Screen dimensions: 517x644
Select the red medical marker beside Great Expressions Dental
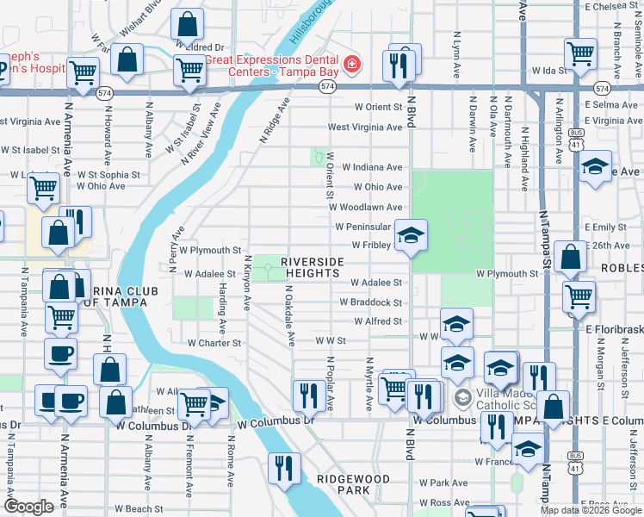[350, 65]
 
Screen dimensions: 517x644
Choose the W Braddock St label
[370, 302]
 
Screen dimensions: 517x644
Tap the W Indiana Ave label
[372, 167]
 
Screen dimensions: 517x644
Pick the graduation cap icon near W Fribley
[412, 235]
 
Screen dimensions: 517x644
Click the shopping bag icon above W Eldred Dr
[187, 24]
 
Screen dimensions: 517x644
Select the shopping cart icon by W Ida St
[581, 53]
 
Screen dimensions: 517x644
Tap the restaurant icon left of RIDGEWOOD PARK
[284, 468]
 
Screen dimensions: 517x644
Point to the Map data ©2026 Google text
[591, 510]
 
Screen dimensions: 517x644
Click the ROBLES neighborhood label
[620, 267]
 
